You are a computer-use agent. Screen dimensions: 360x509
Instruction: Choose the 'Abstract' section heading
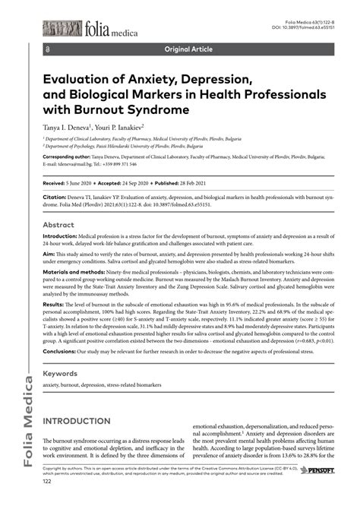[58, 225]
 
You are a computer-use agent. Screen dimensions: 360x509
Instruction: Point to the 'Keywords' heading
[62, 374]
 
